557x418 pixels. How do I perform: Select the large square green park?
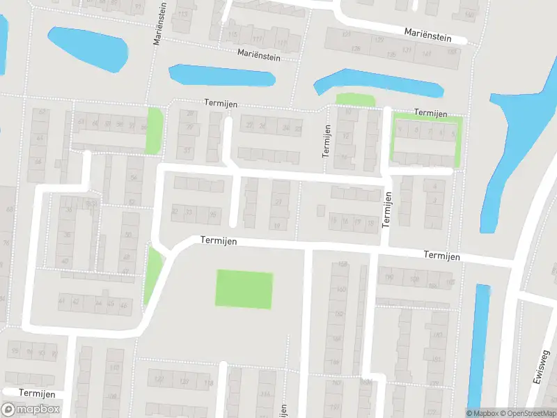click(x=244, y=289)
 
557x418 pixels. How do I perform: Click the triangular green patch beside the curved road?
click(x=152, y=275)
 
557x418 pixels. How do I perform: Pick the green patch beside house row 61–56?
click(x=155, y=131)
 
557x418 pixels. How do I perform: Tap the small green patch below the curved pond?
click(x=355, y=100)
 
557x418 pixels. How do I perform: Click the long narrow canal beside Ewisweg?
click(x=479, y=345)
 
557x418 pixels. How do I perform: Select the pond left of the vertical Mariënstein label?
click(x=88, y=48)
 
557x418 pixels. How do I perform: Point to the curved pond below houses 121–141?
click(x=379, y=82)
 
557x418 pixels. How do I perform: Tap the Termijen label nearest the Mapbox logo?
click(x=36, y=393)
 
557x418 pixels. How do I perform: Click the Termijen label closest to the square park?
click(x=218, y=240)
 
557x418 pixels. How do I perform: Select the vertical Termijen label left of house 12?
click(x=326, y=141)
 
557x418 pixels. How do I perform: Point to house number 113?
click(x=183, y=14)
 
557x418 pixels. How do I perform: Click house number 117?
click(x=257, y=39)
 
